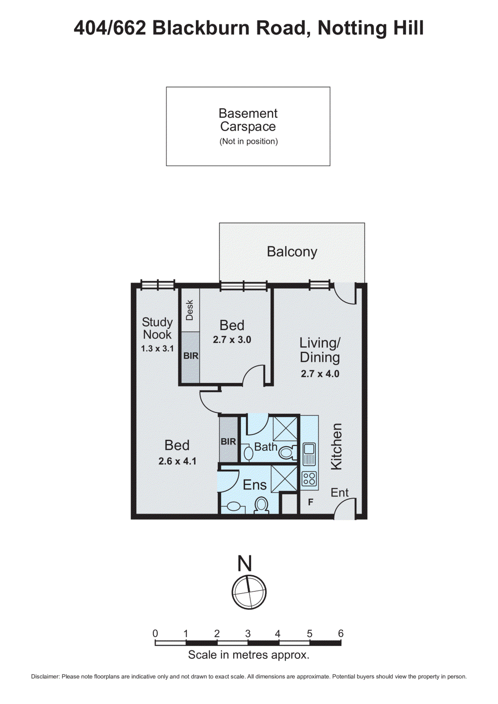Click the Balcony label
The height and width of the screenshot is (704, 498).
pos(292,252)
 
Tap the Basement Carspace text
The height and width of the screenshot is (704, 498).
pos(248,120)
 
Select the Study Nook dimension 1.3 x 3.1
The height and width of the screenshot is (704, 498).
pos(157,348)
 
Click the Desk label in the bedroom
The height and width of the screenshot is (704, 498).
pos(190,310)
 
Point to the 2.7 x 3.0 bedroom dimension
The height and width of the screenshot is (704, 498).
pos(232,340)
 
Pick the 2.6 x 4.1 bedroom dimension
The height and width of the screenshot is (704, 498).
pos(177,461)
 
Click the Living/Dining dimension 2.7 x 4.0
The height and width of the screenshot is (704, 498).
pos(320,374)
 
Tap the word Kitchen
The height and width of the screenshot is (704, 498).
pos(336,446)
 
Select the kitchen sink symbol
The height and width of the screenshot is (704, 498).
pos(309,453)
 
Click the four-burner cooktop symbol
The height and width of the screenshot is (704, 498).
pos(309,479)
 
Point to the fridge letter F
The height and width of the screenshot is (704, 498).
pos(311,502)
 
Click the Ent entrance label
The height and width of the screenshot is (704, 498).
pos(340,493)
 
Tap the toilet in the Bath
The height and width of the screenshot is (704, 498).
pos(286,452)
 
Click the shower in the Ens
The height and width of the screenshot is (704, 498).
pos(284,478)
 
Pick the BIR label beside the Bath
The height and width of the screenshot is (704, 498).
pos(228,441)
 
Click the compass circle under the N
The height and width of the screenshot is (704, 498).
pos(249,591)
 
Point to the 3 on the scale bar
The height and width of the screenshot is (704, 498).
pos(248,634)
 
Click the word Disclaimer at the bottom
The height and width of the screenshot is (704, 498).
pos(45,677)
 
